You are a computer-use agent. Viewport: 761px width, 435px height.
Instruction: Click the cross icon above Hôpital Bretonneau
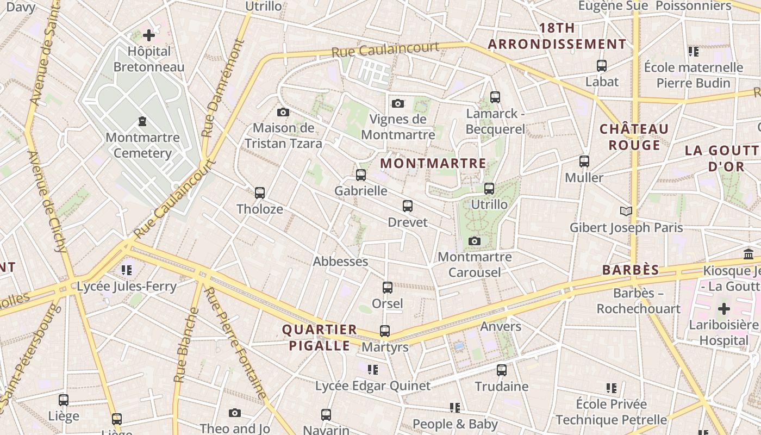tap(148, 36)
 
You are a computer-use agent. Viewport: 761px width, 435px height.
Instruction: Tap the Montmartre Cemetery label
tap(142, 145)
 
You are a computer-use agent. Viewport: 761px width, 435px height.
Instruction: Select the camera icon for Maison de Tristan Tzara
tap(283, 112)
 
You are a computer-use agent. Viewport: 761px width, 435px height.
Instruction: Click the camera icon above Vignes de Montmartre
tap(398, 103)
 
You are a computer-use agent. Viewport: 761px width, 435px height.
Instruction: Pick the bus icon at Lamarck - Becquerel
tap(495, 97)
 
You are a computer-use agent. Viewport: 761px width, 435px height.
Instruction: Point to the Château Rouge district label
tap(634, 137)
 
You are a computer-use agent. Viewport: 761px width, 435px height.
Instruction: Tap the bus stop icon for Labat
tap(602, 66)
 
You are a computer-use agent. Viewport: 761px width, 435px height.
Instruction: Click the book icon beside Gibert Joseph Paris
tap(626, 210)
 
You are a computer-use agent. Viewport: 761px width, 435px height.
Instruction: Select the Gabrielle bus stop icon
tap(361, 175)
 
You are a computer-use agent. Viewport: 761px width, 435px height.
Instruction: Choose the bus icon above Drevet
tap(408, 206)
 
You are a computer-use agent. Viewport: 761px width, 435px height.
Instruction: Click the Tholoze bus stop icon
tap(260, 192)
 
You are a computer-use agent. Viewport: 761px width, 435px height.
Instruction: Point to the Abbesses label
tap(340, 262)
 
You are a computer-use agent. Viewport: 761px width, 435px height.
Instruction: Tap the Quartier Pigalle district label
tap(320, 337)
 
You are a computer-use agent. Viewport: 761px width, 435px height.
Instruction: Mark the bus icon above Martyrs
tap(385, 331)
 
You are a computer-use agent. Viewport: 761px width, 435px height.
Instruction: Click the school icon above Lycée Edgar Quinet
tap(373, 370)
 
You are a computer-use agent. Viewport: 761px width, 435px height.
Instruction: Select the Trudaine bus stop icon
tap(502, 370)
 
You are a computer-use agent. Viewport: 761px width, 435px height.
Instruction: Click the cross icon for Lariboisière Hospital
tap(723, 309)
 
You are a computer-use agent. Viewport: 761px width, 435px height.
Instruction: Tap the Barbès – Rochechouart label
tap(638, 301)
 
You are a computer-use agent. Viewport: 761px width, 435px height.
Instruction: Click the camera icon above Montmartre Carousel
tap(475, 241)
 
